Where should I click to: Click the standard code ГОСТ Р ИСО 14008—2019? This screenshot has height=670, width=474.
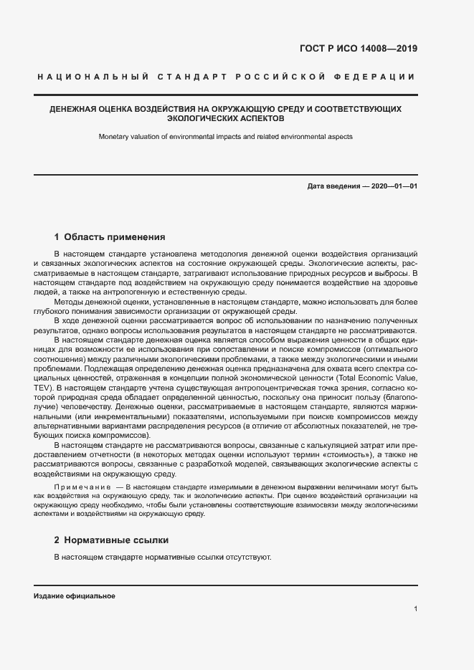pos(358,49)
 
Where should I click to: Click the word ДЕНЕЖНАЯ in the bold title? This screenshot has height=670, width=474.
pos(73,109)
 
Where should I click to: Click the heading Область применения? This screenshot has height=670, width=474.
pos(115,236)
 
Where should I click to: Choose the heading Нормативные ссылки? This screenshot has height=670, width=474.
pos(117,540)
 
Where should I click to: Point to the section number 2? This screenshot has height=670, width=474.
pos(57,540)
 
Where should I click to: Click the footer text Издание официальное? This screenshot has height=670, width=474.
pos(75,596)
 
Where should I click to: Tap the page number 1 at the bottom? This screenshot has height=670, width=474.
pos(416,609)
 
